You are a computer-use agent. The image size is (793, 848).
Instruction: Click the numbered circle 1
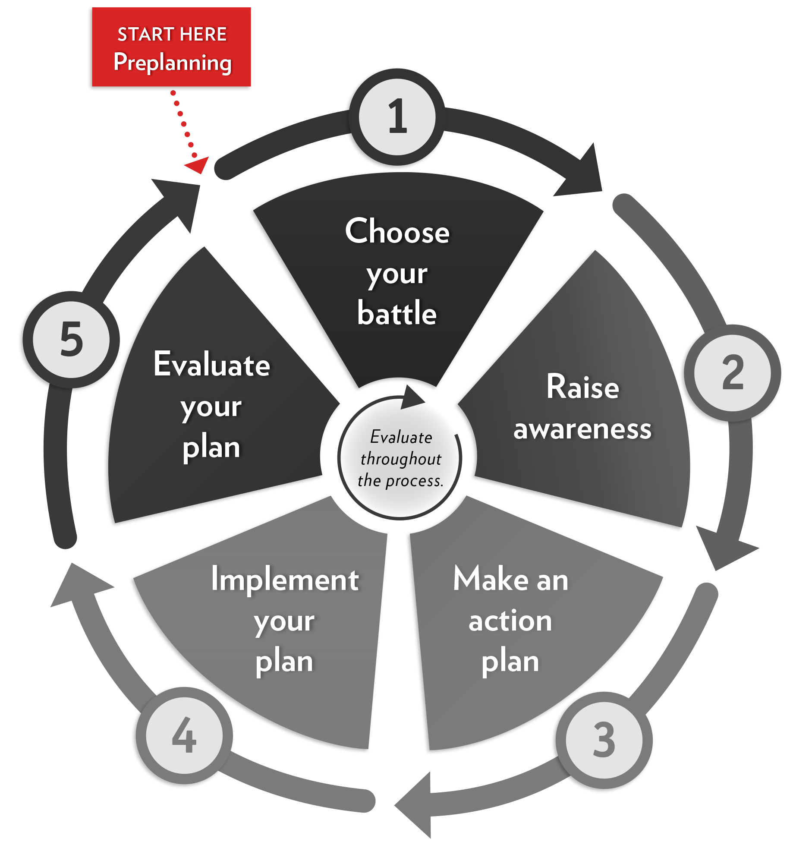[397, 117]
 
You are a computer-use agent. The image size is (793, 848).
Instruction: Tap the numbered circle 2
[733, 373]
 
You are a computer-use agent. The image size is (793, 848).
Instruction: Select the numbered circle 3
[604, 741]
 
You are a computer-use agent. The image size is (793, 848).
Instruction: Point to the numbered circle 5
[71, 340]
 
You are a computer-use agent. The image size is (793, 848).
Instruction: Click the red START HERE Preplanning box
[171, 47]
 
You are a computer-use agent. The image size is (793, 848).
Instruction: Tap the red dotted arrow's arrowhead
[198, 165]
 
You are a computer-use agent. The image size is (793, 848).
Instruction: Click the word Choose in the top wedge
[397, 231]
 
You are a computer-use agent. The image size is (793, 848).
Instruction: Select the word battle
[397, 312]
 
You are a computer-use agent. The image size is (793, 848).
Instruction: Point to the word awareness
[582, 429]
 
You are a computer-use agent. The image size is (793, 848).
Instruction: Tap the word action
[510, 621]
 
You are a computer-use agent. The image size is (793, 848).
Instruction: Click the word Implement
[285, 579]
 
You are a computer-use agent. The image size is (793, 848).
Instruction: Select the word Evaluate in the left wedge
[212, 364]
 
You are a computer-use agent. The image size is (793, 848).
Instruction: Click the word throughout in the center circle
[401, 459]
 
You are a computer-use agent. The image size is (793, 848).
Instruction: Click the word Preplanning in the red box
[173, 63]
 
